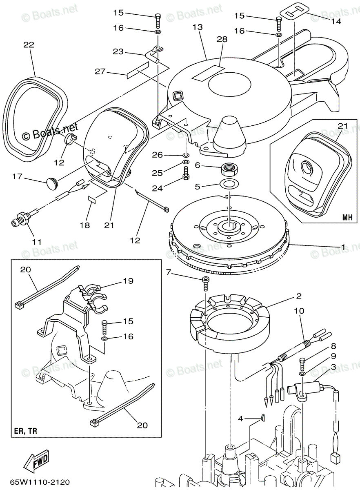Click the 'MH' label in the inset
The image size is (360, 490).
click(x=347, y=216)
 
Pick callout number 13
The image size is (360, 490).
click(x=198, y=27)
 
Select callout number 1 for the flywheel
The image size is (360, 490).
click(x=343, y=247)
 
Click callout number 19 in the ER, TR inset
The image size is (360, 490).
click(x=128, y=281)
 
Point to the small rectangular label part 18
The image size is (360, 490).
click(x=92, y=200)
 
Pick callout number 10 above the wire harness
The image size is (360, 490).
click(x=299, y=311)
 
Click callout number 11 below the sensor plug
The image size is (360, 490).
click(x=37, y=242)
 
